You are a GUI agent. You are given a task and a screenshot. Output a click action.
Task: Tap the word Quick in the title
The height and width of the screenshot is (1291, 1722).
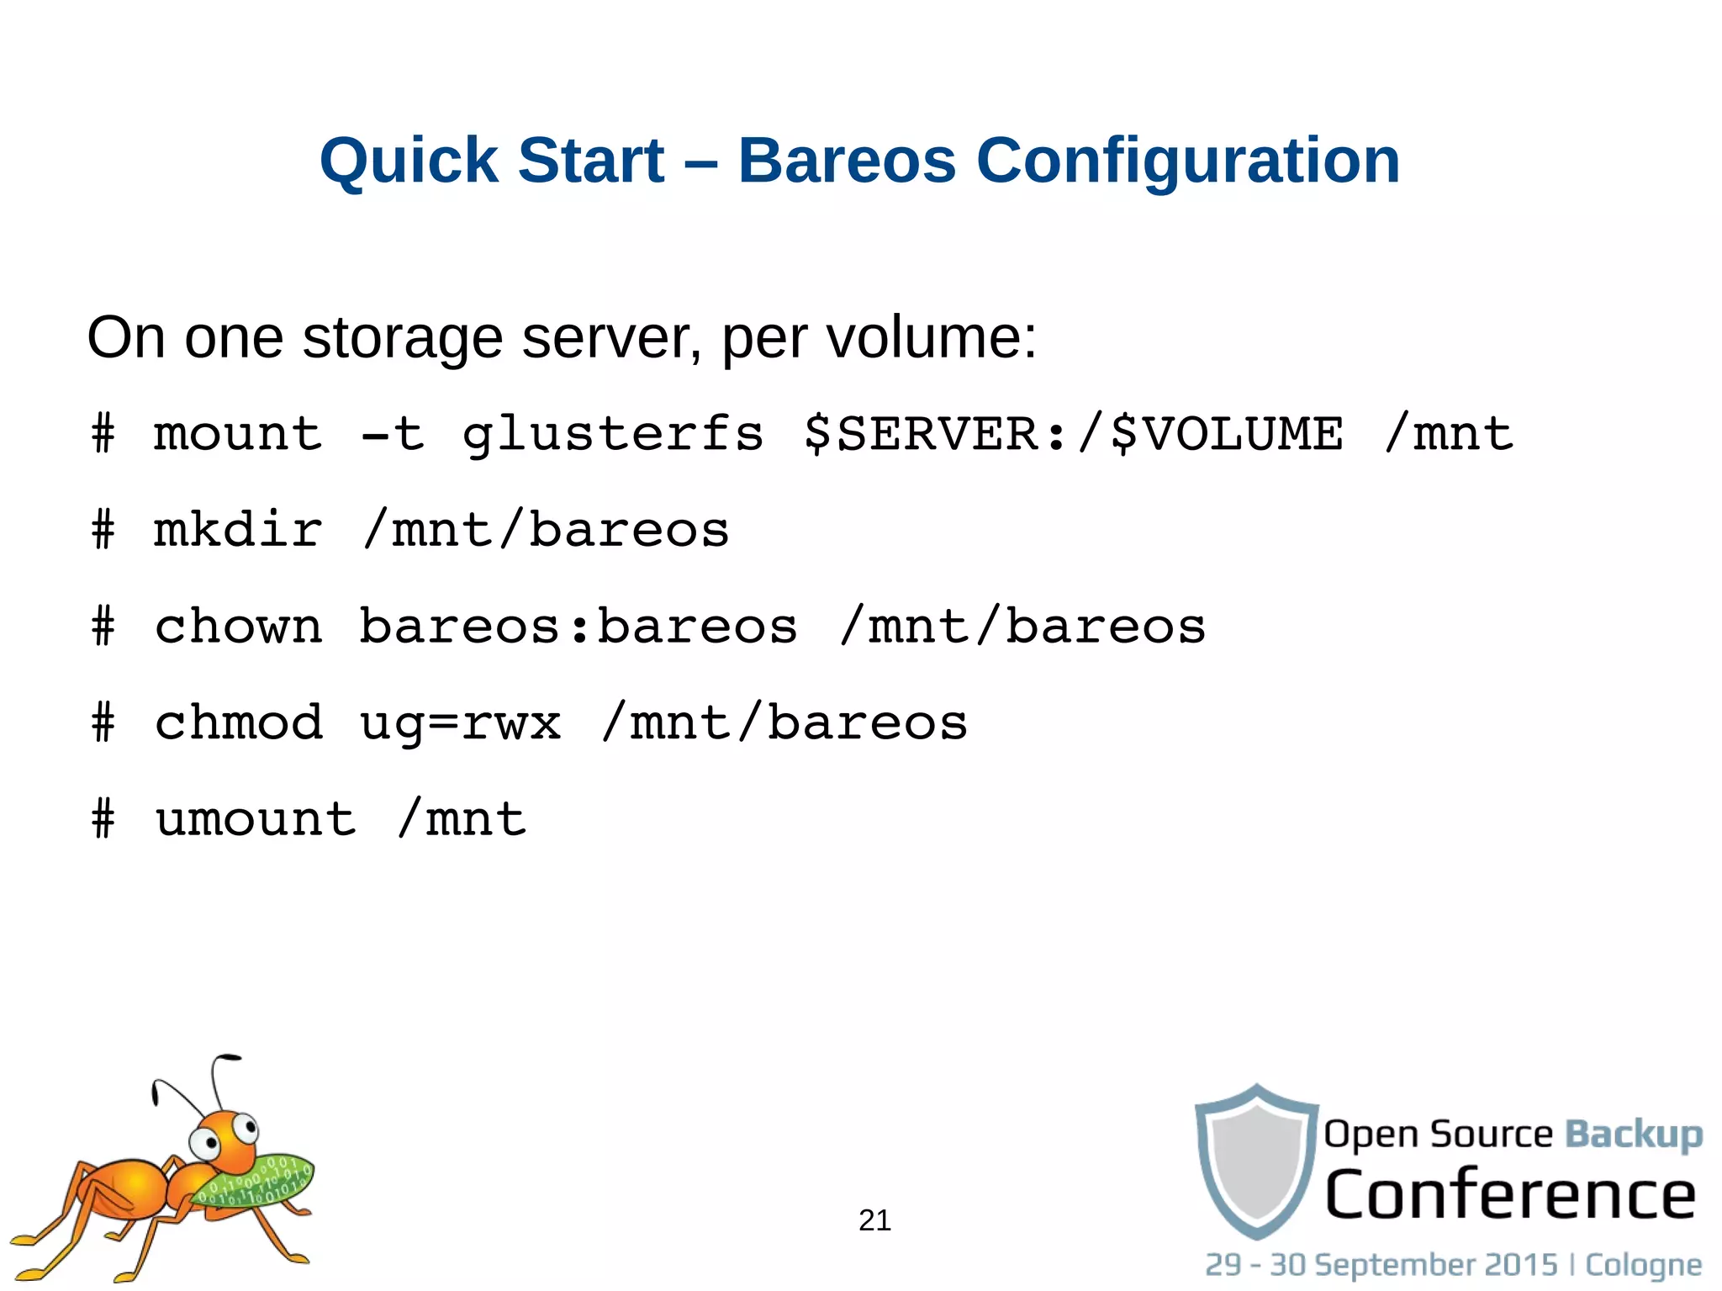409,161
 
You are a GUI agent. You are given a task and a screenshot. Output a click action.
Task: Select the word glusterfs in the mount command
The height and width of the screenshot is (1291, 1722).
613,436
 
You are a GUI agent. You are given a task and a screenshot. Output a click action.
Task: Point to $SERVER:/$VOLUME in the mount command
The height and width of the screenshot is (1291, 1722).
1074,434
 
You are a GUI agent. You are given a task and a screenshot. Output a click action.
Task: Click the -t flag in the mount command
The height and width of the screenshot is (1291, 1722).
392,434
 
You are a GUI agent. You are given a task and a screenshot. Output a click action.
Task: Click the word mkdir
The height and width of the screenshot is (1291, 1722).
239,530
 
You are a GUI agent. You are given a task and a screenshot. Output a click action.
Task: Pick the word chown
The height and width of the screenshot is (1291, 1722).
239,627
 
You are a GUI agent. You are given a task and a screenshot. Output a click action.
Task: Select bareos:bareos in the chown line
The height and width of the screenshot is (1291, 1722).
578,627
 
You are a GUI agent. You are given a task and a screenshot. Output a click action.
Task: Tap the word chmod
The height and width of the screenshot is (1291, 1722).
239,722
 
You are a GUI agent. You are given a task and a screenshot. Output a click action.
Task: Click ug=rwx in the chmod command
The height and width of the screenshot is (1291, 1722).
460,724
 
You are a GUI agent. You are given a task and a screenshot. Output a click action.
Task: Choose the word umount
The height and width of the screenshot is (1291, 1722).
256,819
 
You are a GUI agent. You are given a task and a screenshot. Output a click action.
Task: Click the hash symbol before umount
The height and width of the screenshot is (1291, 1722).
103,819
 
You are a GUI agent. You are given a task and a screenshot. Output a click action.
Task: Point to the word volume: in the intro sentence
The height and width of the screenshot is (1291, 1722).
932,338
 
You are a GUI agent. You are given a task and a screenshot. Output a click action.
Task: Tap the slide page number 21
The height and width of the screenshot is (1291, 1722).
874,1220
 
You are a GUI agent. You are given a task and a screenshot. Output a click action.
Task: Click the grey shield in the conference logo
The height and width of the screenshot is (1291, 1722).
1256,1161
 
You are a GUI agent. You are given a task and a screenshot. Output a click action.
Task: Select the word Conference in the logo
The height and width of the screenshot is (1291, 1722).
1510,1195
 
